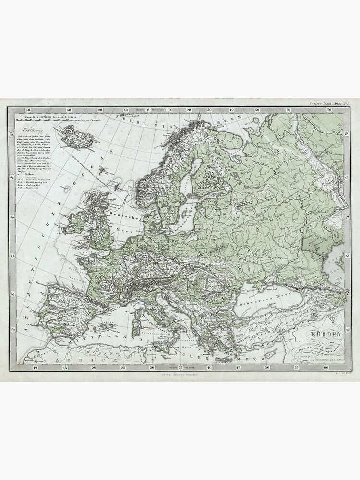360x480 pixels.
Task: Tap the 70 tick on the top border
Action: [x=329, y=110]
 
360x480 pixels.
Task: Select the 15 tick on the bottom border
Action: [x=65, y=368]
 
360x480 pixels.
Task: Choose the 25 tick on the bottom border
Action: [x=123, y=368]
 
